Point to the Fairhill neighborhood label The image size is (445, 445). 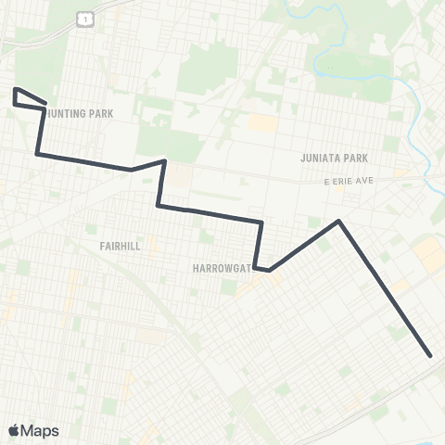pos(119,247)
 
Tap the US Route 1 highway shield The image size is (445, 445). pos(84,19)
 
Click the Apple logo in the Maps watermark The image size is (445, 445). pos(14,430)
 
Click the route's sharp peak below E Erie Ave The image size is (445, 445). pos(339,221)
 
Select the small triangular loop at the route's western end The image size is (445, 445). pos(26,100)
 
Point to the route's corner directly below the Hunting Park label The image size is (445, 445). pos(37,153)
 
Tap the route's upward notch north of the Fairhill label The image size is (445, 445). pos(164,161)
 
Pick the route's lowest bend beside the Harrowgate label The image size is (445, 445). pos(269,271)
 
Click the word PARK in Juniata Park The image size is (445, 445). pos(357,158)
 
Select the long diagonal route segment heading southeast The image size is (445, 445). pos(385,287)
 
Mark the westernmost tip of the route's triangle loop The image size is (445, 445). pos(14,89)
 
